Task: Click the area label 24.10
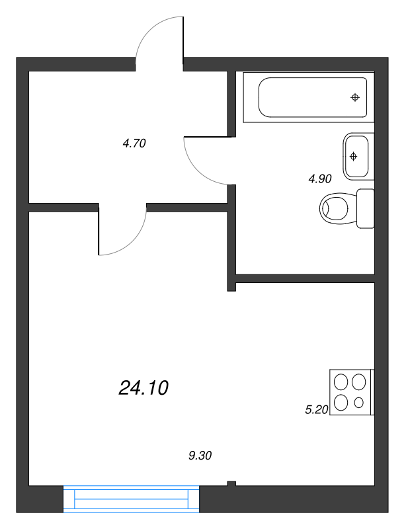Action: coord(143,388)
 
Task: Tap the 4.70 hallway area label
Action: coord(134,143)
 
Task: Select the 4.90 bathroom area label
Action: coord(319,178)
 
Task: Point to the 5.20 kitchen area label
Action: coord(316,410)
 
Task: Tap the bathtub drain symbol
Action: coord(355,97)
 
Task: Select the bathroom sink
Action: coord(356,156)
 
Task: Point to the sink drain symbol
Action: coord(354,156)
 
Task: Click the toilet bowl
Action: coord(337,208)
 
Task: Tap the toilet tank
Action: coord(366,208)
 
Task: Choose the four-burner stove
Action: coord(350,391)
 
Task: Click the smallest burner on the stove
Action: coord(359,402)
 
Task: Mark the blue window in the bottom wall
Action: coord(132,499)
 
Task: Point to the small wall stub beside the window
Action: coord(231,484)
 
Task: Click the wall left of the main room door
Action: coord(63,207)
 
